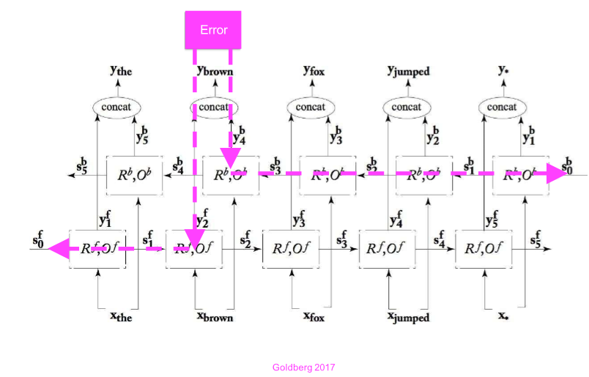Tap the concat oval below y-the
(117, 108)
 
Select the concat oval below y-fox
(310, 108)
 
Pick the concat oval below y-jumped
(406, 108)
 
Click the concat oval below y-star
(502, 108)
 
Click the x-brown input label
(213, 317)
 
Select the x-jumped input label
(408, 317)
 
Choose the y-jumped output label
(408, 72)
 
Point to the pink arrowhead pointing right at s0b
(555, 176)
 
